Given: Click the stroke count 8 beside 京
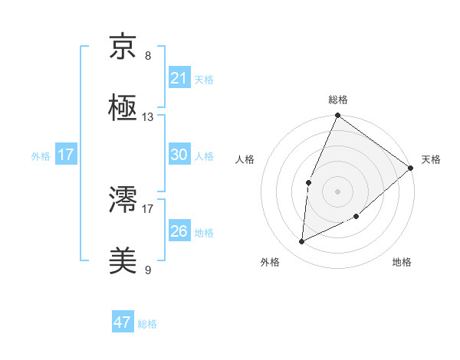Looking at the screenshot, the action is coord(148,56).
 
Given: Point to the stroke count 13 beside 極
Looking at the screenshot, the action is coord(148,117).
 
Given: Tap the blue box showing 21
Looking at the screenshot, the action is coord(179,77).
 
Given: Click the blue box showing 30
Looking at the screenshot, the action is coord(179,154).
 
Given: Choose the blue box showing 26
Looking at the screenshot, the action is coord(179,231).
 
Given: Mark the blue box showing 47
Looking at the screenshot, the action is coord(123,322).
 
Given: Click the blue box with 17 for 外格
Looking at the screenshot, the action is coord(66,155).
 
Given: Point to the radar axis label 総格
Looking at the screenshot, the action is coord(338,100).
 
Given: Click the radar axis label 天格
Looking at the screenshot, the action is coord(431,159).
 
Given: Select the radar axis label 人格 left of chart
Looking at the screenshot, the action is coord(245,159).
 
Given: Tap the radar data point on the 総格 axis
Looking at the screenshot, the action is coord(337,116).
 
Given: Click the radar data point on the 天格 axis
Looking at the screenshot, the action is coord(410,168).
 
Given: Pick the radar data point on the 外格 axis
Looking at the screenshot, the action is coord(302,242).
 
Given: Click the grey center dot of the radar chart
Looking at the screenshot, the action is coord(337,191).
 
